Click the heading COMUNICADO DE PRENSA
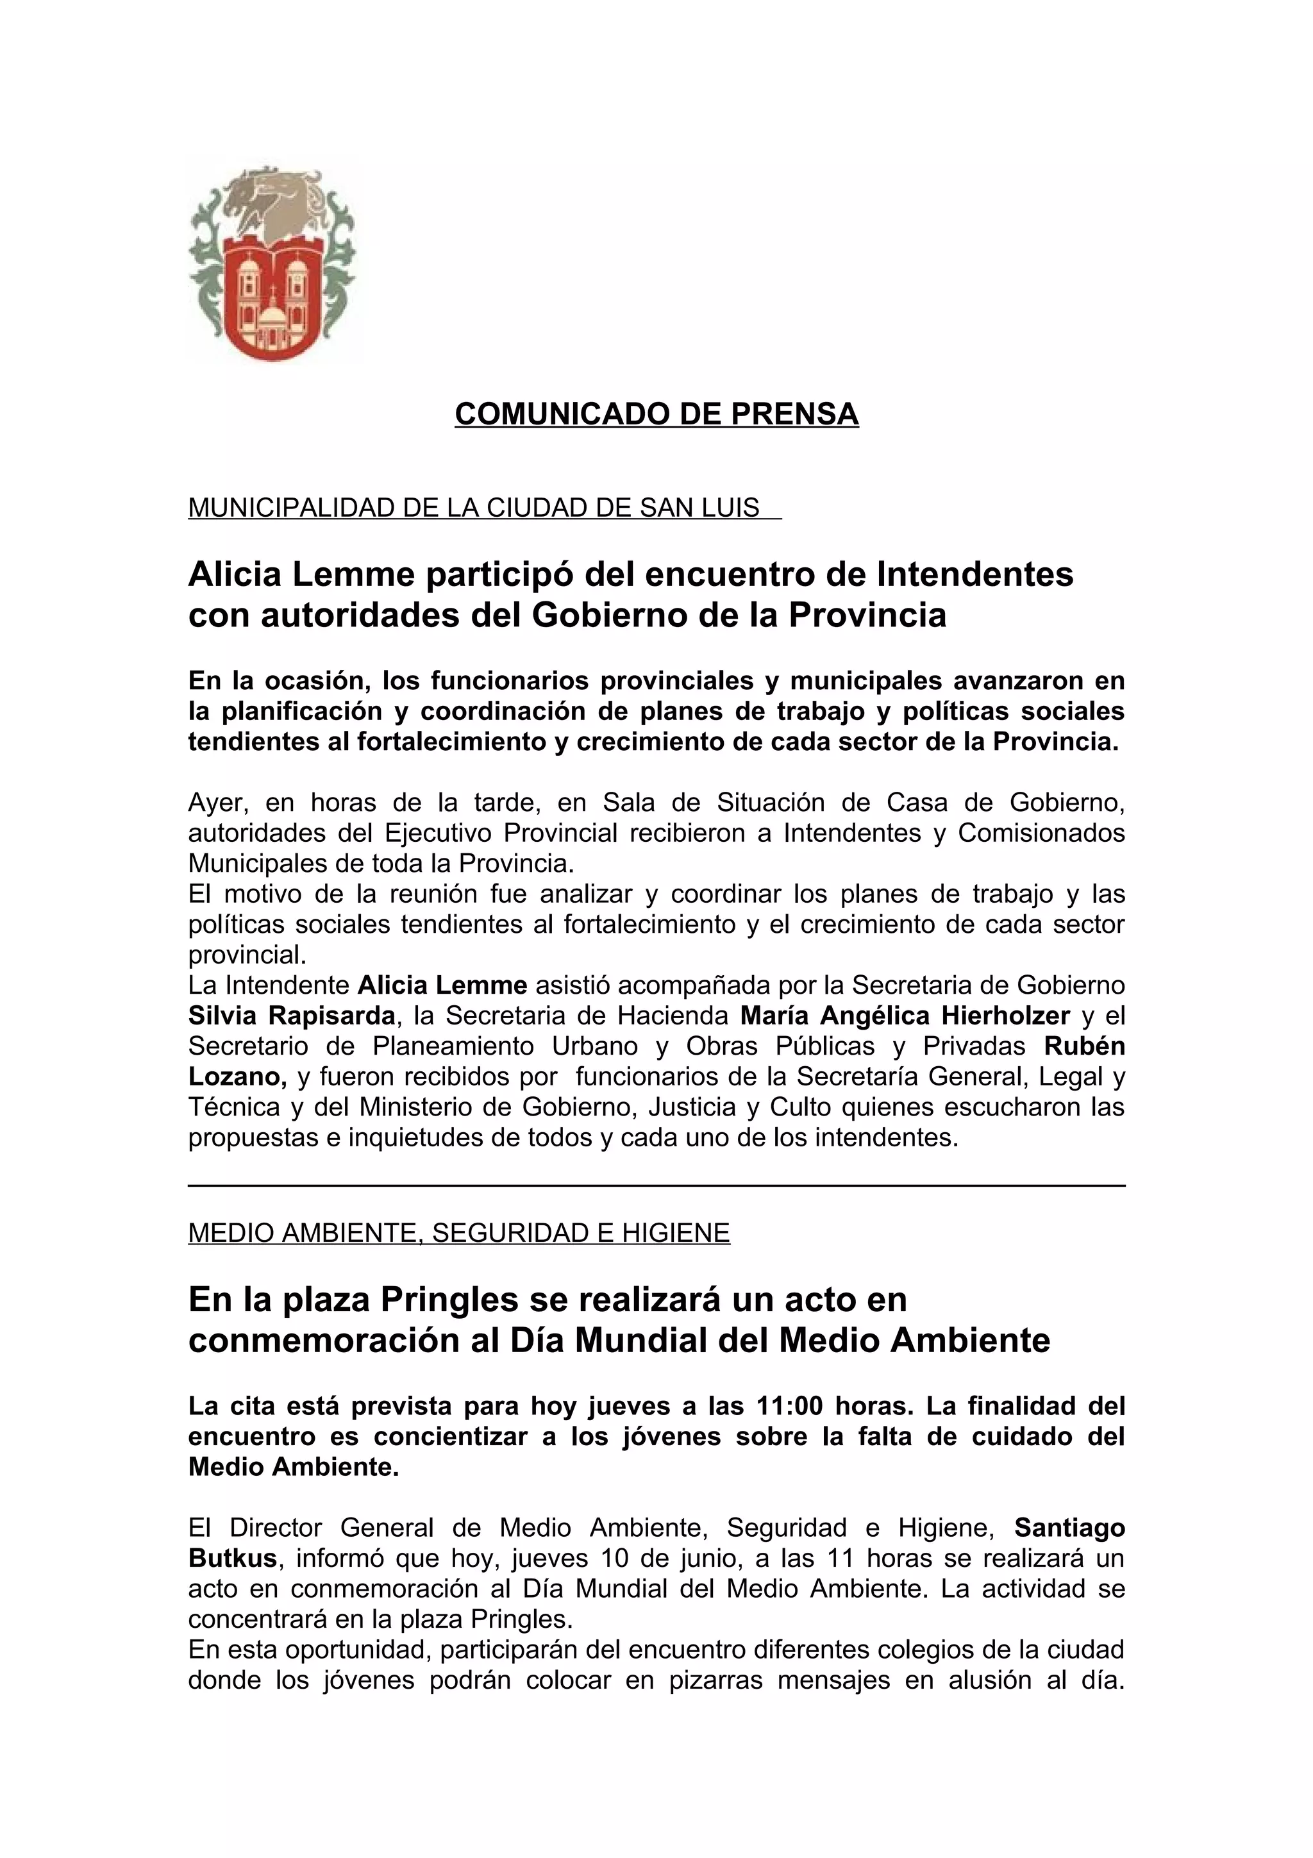656,414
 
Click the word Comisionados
1041,833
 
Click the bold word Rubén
1084,1046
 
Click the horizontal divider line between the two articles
656,1185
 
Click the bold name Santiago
1069,1527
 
